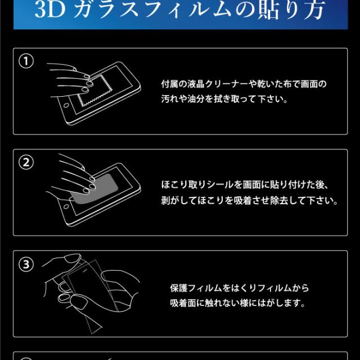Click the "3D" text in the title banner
tap(50, 10)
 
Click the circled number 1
tap(26, 61)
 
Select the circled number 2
tap(26, 163)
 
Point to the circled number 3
tap(26, 264)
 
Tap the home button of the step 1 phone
tap(66, 105)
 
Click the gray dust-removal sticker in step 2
tap(95, 189)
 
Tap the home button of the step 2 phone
tap(66, 206)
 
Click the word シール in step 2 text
tap(220, 185)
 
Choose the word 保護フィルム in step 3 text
tap(196, 288)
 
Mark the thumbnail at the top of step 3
tap(73, 259)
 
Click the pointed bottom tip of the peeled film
tap(92, 334)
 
